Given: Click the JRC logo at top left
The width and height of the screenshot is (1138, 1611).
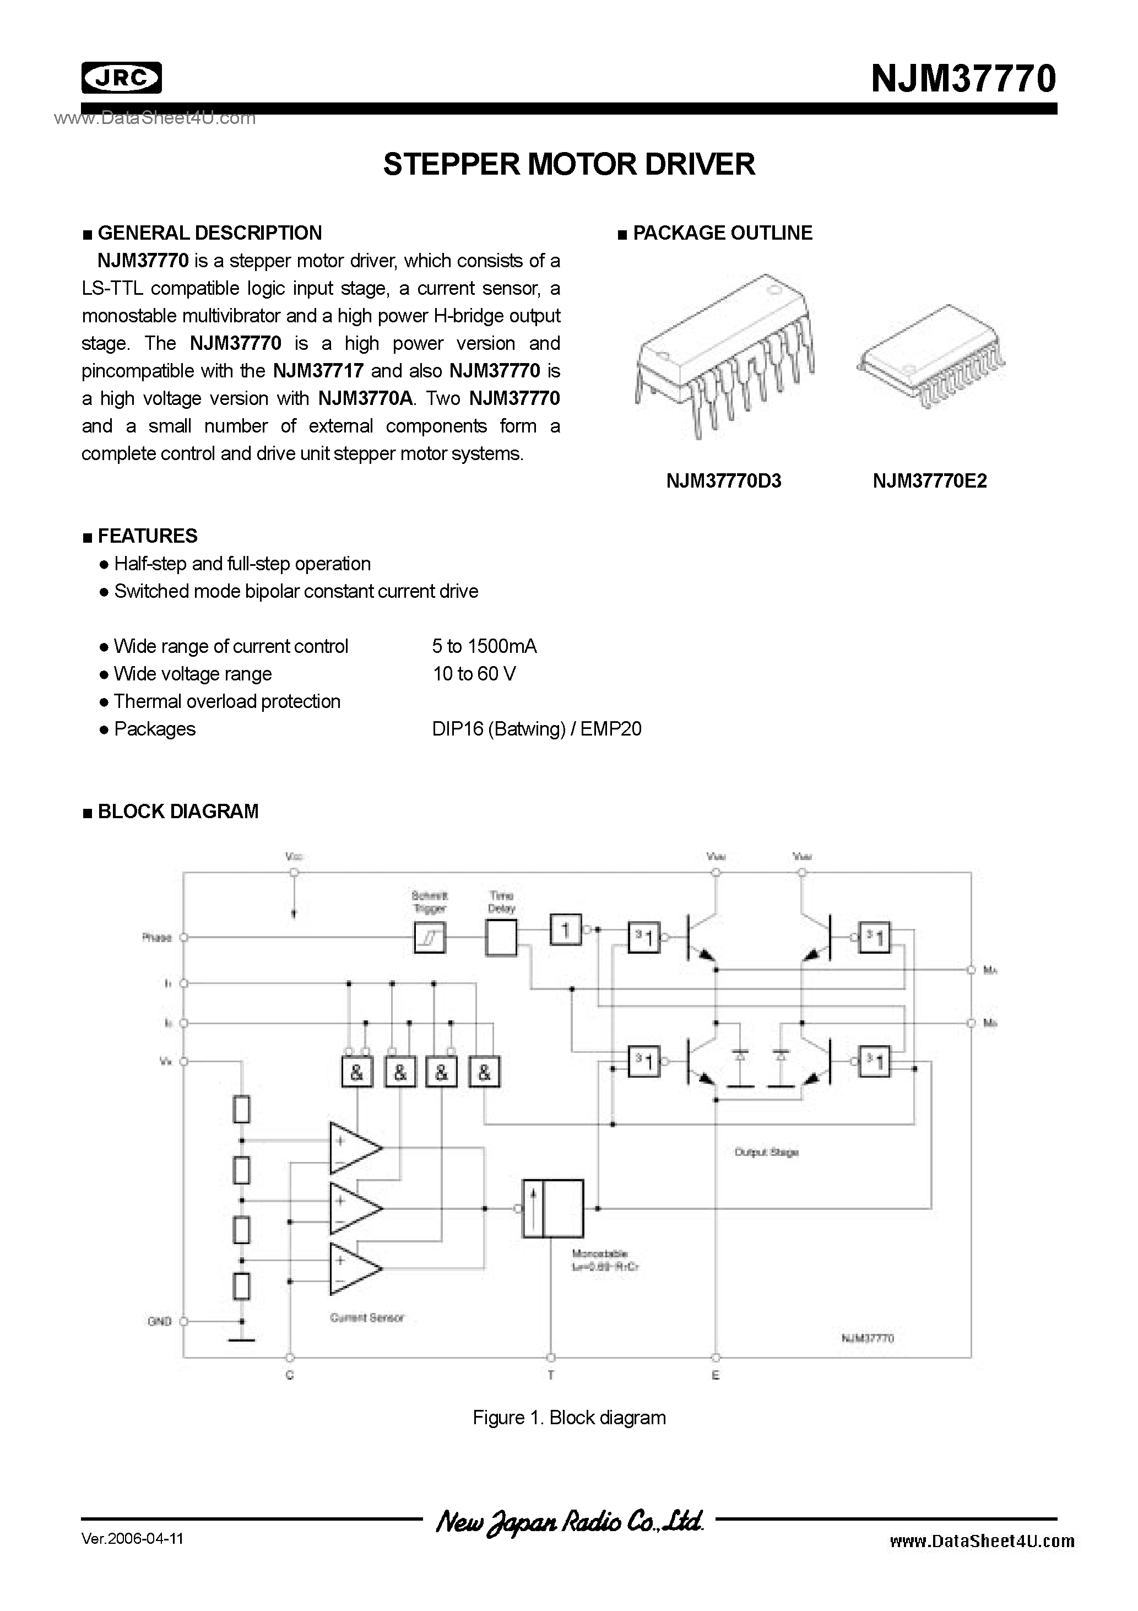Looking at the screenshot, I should pyautogui.click(x=121, y=78).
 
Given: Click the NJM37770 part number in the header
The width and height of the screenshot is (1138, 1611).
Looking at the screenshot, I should pyautogui.click(x=963, y=79).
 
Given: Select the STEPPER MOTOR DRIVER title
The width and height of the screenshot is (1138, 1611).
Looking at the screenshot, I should pyautogui.click(x=569, y=164).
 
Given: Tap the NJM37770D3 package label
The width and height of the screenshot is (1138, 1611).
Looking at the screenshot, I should pyautogui.click(x=723, y=482).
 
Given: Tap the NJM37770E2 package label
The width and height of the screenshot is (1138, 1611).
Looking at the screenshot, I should pyautogui.click(x=930, y=482).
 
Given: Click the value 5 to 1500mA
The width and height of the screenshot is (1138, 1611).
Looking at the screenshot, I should pyautogui.click(x=484, y=646).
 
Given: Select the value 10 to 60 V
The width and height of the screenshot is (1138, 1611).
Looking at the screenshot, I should pyautogui.click(x=474, y=674).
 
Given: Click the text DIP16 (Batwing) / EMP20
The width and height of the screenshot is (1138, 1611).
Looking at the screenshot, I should pyautogui.click(x=537, y=729).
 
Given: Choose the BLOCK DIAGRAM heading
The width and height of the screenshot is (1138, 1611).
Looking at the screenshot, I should pyautogui.click(x=177, y=812).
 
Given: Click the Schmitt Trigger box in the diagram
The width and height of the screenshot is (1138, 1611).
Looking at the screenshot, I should pyautogui.click(x=430, y=937).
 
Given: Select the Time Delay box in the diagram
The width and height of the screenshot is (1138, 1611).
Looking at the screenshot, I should pyautogui.click(x=501, y=937).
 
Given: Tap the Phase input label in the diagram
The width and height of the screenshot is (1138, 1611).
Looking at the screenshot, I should pyautogui.click(x=156, y=937).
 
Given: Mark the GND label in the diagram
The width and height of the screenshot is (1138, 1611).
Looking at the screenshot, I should pyautogui.click(x=159, y=1321).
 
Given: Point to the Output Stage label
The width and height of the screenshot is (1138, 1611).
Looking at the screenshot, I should pyautogui.click(x=766, y=1152).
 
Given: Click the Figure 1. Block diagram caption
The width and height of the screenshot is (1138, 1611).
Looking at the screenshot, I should pyautogui.click(x=569, y=1418).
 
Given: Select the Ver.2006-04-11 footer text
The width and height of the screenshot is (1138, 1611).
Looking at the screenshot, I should pyautogui.click(x=133, y=1539).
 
